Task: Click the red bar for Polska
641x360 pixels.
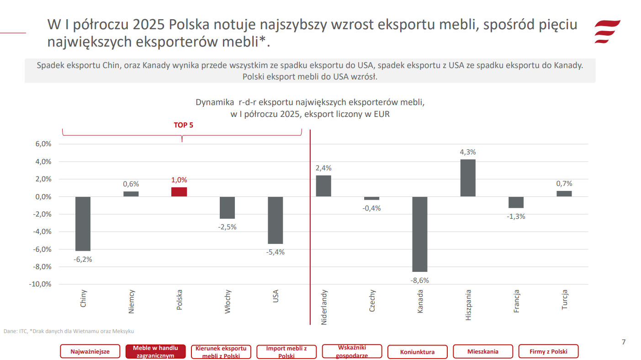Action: click(x=179, y=192)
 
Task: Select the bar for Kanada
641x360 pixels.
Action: click(x=420, y=234)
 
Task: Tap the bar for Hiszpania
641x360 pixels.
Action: click(x=468, y=178)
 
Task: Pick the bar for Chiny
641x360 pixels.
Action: click(x=83, y=223)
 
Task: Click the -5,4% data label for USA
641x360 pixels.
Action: click(x=275, y=252)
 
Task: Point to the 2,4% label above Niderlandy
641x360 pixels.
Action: click(x=323, y=168)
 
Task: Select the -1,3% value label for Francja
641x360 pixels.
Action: click(x=516, y=217)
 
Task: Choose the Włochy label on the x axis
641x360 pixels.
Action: click(x=228, y=301)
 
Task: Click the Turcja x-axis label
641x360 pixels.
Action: click(x=564, y=300)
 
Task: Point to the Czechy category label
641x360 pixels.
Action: click(x=372, y=301)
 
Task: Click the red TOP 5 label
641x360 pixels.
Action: click(x=184, y=125)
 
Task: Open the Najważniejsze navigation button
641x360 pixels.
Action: click(x=90, y=352)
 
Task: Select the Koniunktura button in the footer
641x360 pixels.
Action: click(x=417, y=352)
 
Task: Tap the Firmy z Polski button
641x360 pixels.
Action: click(x=548, y=351)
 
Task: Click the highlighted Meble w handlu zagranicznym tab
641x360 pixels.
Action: click(x=155, y=352)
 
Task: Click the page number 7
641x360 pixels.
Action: click(x=624, y=342)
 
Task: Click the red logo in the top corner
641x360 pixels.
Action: click(x=607, y=32)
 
